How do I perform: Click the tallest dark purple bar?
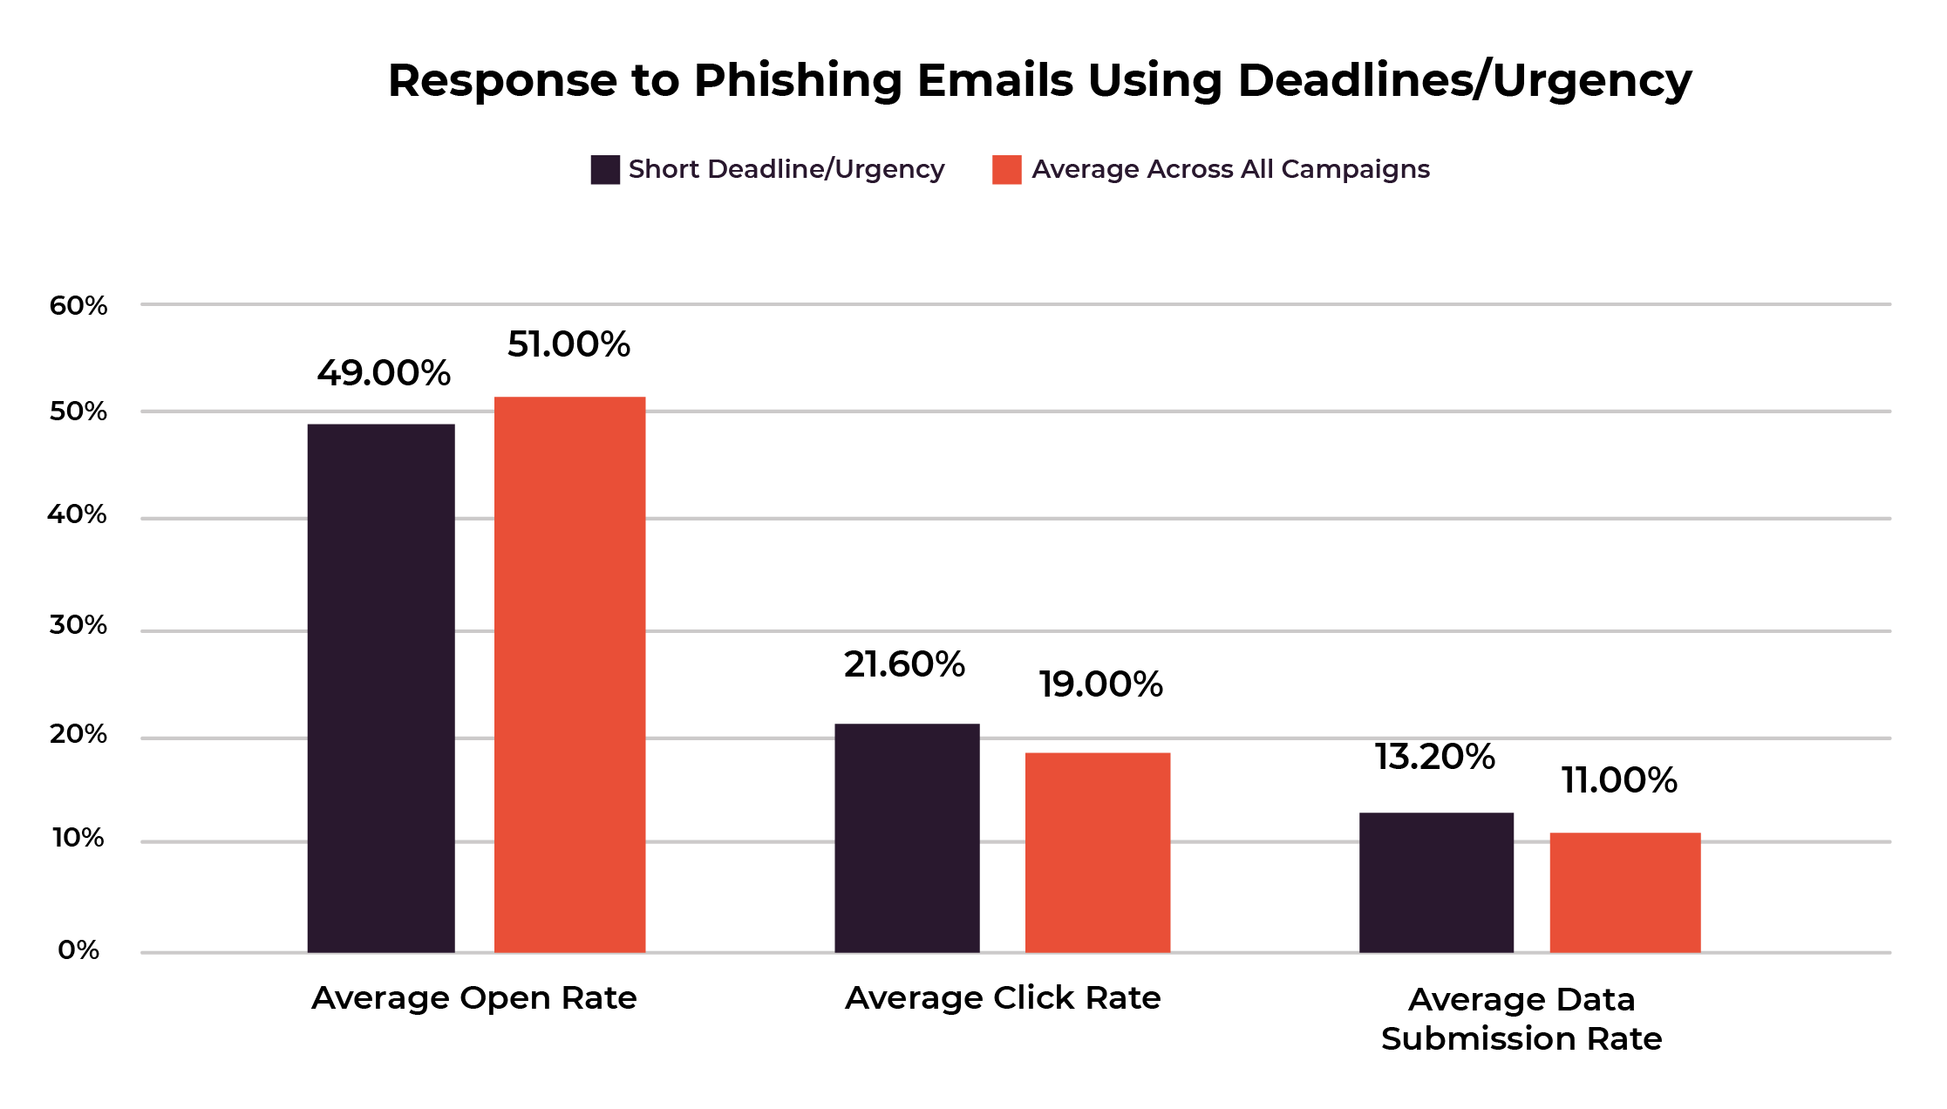(x=381, y=688)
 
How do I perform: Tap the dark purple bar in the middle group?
(x=907, y=837)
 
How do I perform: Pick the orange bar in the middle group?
(x=1098, y=852)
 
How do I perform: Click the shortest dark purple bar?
(x=1436, y=881)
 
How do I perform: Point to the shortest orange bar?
(x=1624, y=892)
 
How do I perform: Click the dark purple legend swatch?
(x=605, y=170)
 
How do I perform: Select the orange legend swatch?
(x=1006, y=170)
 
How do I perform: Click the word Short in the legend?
(x=664, y=169)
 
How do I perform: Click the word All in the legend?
(x=1256, y=169)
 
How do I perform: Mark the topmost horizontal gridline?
(x=1016, y=304)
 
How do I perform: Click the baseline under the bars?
(x=1016, y=953)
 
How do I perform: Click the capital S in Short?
(x=637, y=169)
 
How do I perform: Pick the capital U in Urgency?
(x=844, y=169)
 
